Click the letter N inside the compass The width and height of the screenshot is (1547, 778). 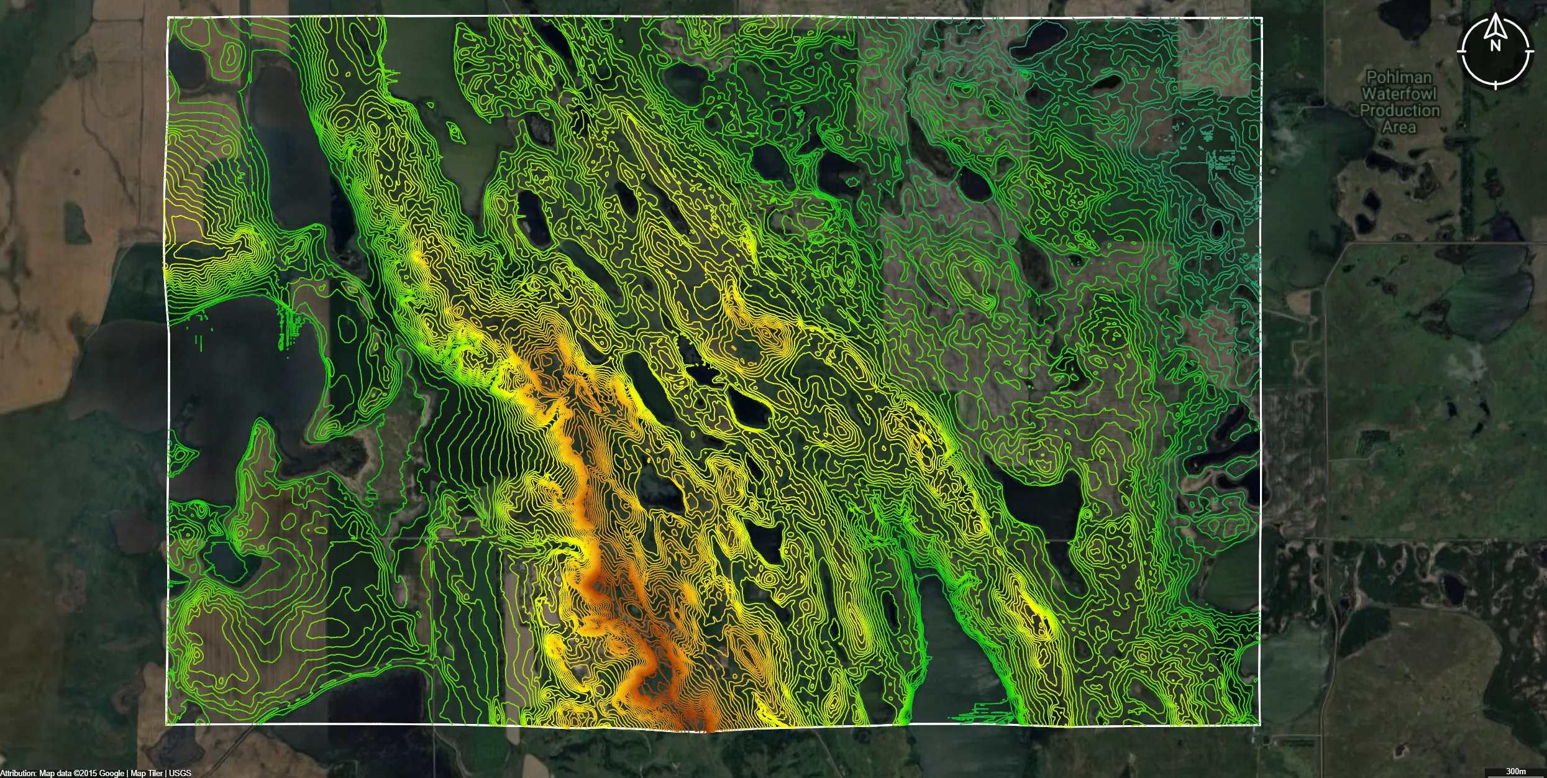(1495, 45)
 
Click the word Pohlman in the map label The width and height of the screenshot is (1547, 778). (1399, 78)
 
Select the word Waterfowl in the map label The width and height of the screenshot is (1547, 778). (1399, 94)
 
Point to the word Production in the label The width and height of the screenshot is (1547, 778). (1399, 111)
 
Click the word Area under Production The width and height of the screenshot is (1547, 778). (1399, 127)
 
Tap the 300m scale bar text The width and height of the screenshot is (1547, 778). (1516, 771)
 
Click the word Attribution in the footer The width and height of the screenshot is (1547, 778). (18, 773)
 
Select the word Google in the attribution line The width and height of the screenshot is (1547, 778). (112, 773)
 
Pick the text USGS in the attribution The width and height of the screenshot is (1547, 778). (180, 773)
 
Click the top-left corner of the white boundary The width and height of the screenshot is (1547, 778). (168, 17)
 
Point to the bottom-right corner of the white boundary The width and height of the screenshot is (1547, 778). (1260, 724)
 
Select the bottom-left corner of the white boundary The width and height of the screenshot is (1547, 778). (167, 724)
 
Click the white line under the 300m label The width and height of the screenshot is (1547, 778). (1516, 777)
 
